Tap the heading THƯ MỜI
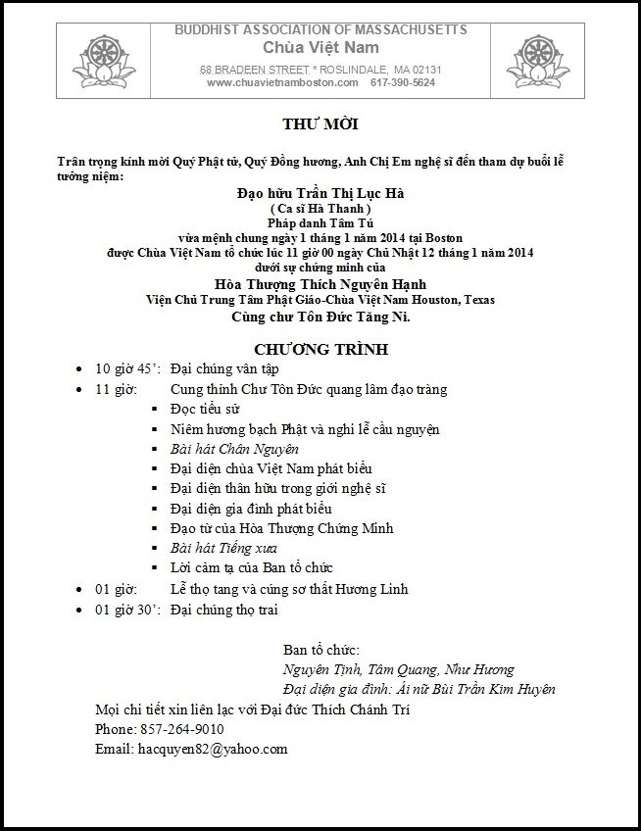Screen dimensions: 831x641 tap(320, 125)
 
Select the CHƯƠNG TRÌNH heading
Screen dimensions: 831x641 tap(320, 348)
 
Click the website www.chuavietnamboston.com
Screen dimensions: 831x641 tap(282, 83)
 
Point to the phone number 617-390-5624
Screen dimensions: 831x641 tap(403, 83)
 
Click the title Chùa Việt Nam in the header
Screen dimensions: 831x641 tap(320, 47)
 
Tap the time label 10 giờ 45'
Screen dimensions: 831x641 tap(127, 369)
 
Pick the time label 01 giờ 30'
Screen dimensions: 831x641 tap(127, 610)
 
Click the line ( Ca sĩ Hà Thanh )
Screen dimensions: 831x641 tap(320, 209)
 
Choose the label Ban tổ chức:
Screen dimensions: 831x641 tap(320, 650)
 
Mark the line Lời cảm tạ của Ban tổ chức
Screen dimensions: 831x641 tap(252, 567)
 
